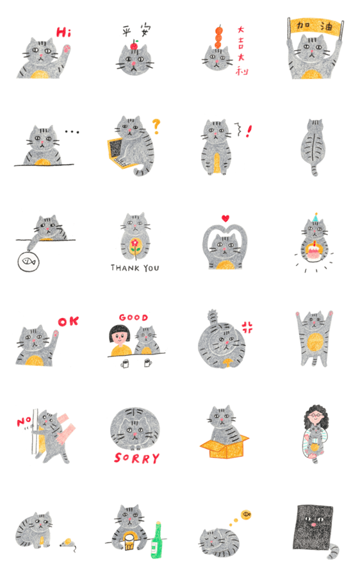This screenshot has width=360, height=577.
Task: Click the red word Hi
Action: coord(63,33)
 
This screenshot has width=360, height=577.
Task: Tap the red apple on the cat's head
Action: coord(135,46)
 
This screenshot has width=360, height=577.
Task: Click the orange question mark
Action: coord(156,126)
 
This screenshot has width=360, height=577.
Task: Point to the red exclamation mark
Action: coord(249,131)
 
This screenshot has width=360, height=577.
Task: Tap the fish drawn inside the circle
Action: coord(29,262)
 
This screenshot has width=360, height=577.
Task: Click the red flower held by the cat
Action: coord(136,243)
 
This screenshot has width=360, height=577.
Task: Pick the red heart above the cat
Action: coord(225,218)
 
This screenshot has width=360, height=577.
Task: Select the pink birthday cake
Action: coord(313,252)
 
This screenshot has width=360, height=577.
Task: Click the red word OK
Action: coord(69,322)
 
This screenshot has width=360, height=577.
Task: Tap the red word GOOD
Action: coord(133,317)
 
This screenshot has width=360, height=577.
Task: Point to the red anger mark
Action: coord(247,327)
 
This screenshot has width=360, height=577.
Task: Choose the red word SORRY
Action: coord(137,458)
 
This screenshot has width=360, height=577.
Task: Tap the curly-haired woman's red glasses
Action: coord(316,415)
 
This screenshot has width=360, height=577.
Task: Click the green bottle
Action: coord(157,540)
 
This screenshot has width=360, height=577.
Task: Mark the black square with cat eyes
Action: coord(313,526)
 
